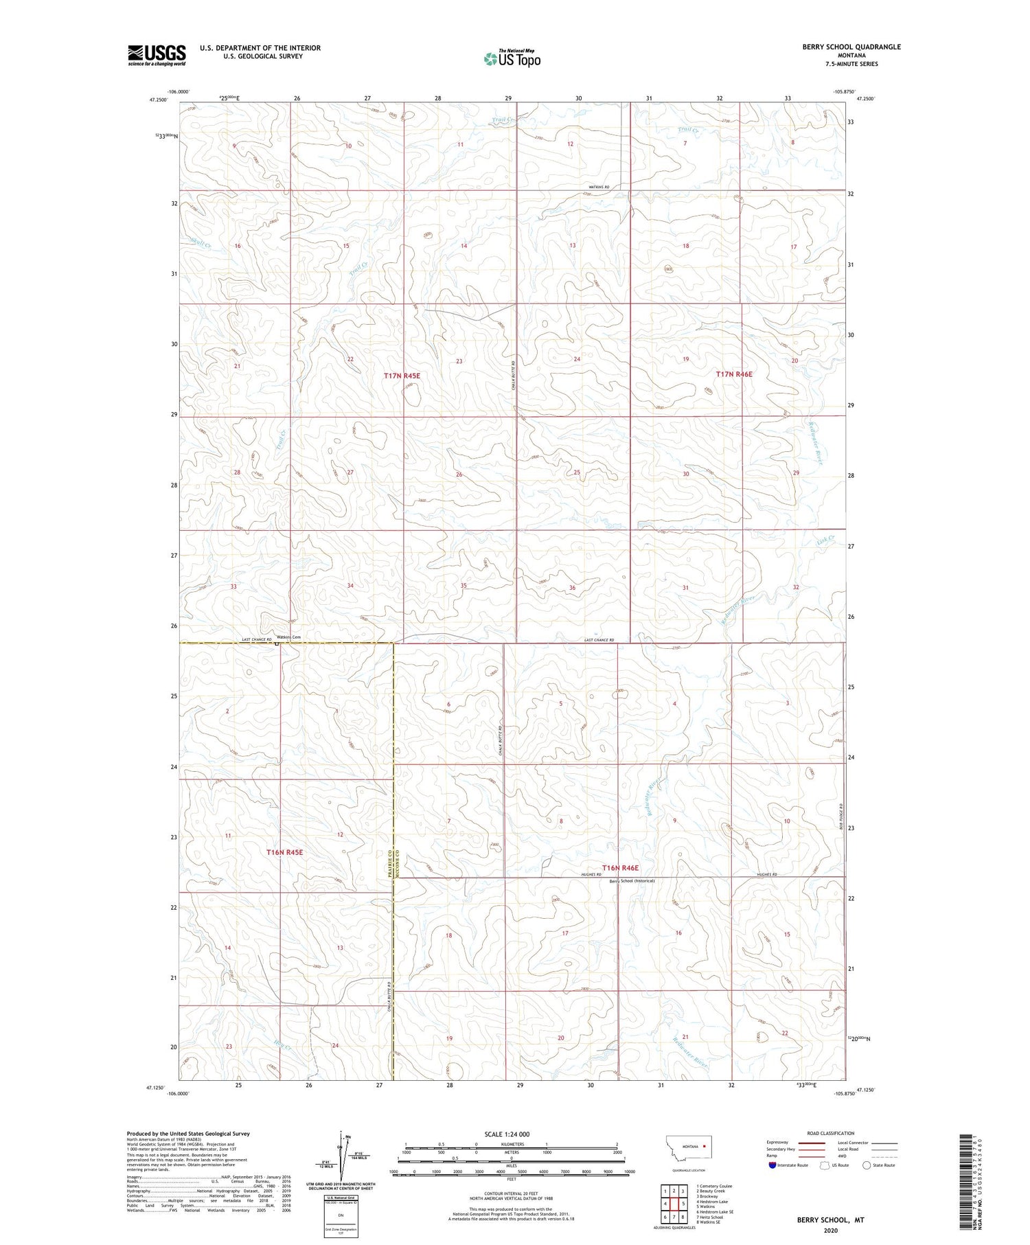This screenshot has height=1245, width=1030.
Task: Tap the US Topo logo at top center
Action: point(512,59)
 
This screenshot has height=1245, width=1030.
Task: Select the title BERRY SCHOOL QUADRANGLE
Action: point(842,47)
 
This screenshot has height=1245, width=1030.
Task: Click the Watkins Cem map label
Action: point(288,637)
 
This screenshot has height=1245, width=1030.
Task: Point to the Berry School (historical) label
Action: point(632,880)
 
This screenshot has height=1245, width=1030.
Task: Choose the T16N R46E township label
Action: point(620,868)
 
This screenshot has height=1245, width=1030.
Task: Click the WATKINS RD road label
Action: point(598,187)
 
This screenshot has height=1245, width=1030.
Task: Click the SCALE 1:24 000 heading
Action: point(507,1134)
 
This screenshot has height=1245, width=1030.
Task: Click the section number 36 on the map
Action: point(572,588)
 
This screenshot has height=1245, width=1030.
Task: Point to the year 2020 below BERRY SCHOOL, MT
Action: point(830,1230)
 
